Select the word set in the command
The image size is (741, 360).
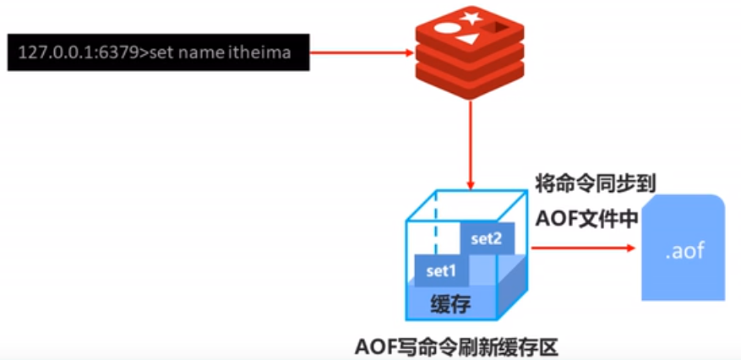pyautogui.click(x=169, y=53)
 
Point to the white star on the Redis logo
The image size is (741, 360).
pyautogui.click(x=470, y=17)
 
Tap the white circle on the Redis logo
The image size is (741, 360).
pyautogui.click(x=444, y=28)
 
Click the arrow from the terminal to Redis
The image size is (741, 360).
pyautogui.click(x=363, y=53)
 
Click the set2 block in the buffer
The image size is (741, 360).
pyautogui.click(x=486, y=238)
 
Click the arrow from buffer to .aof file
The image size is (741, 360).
pyautogui.click(x=583, y=248)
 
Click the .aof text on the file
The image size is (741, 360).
pyautogui.click(x=684, y=251)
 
